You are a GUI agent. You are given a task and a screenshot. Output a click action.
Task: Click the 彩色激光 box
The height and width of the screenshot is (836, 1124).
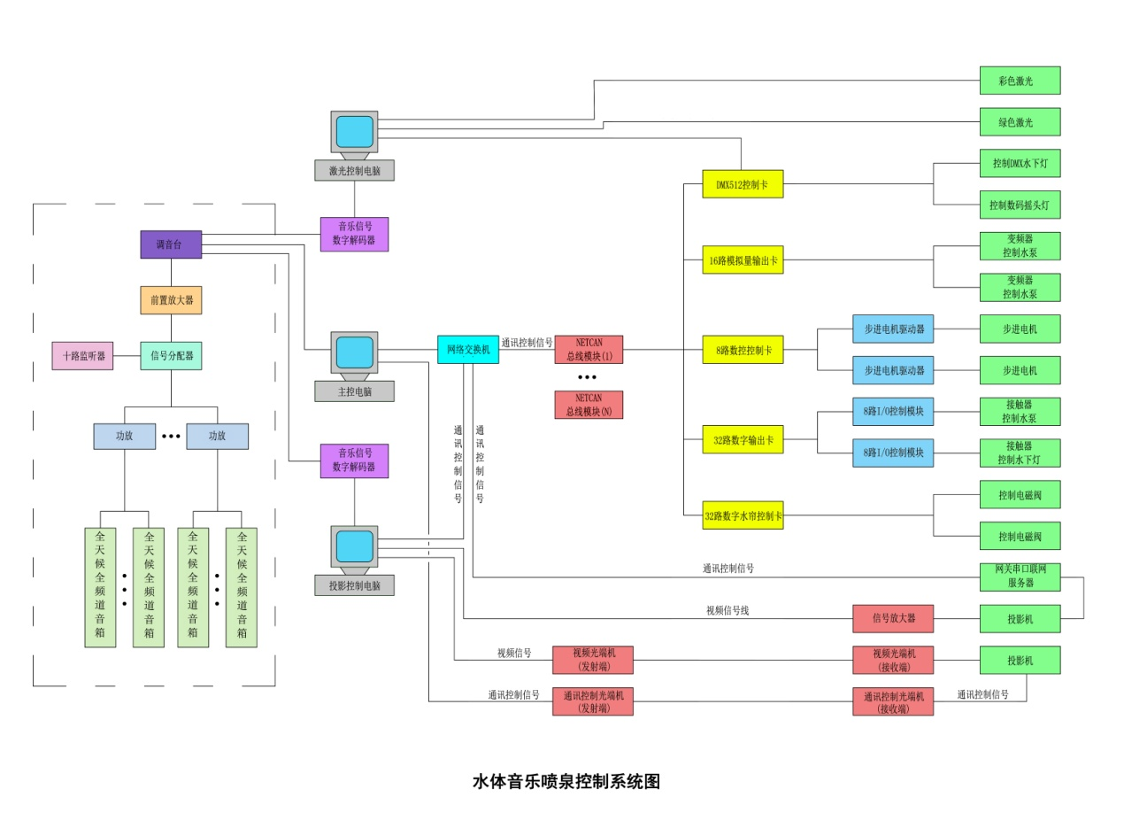point(1020,81)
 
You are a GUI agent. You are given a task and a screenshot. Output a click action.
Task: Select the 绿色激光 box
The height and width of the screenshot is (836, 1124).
point(1020,122)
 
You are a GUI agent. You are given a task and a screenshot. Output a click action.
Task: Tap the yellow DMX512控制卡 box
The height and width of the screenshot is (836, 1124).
point(743,184)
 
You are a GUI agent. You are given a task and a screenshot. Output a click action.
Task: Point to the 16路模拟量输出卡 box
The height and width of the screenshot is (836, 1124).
point(743,259)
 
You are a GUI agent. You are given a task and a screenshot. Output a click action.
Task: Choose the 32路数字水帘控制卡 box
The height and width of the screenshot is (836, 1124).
point(743,515)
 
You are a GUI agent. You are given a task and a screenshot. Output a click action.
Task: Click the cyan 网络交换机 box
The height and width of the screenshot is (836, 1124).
point(468,349)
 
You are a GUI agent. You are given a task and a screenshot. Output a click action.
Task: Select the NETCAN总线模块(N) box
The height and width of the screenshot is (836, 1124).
point(589,405)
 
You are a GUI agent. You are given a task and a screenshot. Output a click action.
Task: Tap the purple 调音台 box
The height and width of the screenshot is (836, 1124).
point(171,244)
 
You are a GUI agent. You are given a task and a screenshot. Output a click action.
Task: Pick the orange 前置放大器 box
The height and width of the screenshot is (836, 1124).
point(171,300)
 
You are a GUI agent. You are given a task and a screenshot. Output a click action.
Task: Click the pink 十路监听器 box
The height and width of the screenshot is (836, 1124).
point(82,356)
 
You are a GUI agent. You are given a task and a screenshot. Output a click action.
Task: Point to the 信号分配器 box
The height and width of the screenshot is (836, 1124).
point(171,356)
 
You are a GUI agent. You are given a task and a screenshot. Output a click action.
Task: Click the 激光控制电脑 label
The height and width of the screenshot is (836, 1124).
point(354,171)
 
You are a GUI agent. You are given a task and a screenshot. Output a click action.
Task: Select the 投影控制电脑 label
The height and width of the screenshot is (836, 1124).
point(354,585)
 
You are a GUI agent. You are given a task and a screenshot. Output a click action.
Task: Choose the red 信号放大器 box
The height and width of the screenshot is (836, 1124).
point(893,619)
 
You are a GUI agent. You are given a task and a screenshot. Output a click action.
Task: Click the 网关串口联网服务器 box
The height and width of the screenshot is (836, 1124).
point(1020,577)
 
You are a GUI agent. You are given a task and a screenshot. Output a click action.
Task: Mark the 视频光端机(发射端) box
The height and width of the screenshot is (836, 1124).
point(593,660)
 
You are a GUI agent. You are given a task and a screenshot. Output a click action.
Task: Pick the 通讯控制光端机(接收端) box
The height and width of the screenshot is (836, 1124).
point(893,701)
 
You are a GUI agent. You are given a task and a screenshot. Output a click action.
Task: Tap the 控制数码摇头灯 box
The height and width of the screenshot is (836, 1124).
point(1020,205)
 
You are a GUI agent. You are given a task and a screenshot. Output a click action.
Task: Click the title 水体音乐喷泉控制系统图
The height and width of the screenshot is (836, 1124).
point(566,782)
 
